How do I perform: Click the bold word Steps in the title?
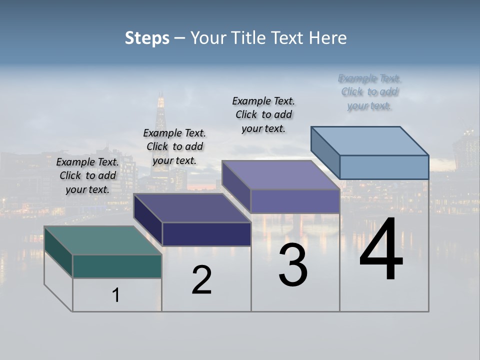click(x=147, y=38)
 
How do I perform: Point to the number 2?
click(x=201, y=280)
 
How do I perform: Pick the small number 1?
click(x=116, y=295)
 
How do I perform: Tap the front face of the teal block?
click(x=117, y=266)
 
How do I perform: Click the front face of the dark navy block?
click(x=206, y=234)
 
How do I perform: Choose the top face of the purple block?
click(x=280, y=174)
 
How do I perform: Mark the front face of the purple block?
click(x=295, y=201)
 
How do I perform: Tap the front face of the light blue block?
click(x=384, y=167)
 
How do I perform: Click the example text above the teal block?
click(x=87, y=175)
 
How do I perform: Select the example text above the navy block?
click(x=174, y=146)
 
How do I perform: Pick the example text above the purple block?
click(x=263, y=114)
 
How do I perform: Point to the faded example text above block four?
click(x=369, y=92)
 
